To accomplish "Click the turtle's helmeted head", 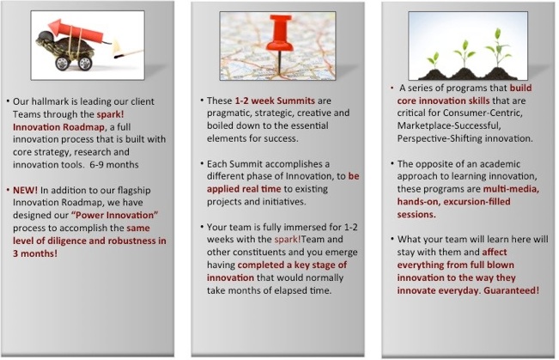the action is tap(44, 39).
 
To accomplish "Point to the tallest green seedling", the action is tap(498, 51).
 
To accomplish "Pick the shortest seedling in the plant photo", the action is tap(433, 61).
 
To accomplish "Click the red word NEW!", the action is tap(25, 190).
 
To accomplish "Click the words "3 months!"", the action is tap(35, 253).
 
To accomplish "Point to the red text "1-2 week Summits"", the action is tap(275, 101).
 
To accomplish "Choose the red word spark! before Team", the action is tap(288, 239).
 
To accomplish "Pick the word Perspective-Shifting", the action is tap(440, 138).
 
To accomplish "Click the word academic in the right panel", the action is tap(502, 164).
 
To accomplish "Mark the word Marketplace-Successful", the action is tap(449, 126).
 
